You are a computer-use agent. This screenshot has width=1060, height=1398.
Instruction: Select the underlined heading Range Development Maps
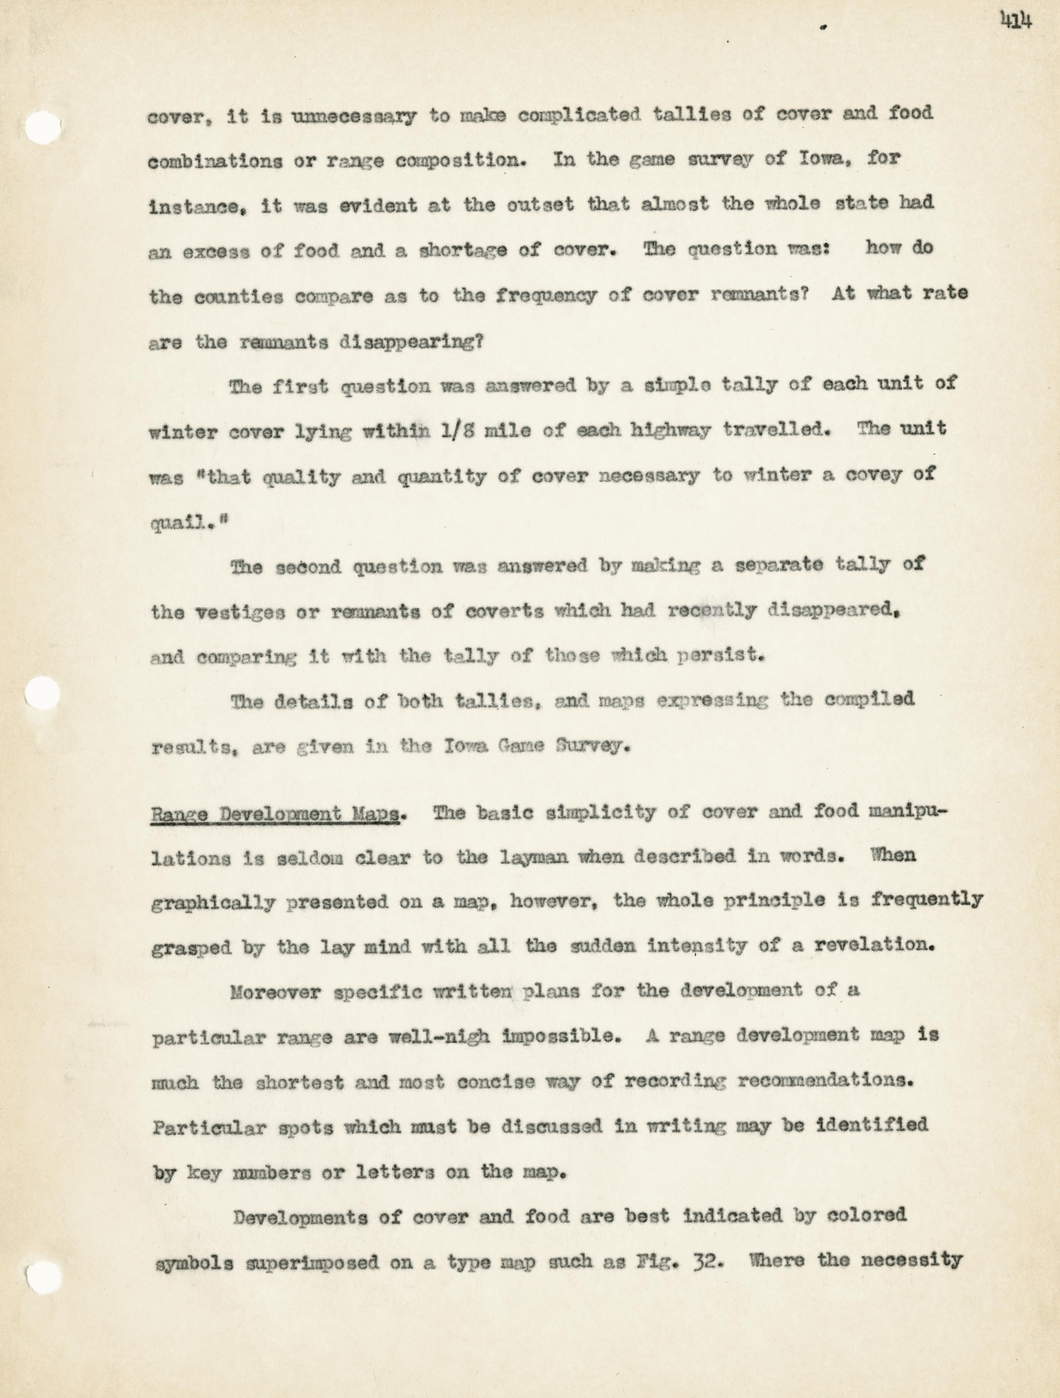click(x=275, y=814)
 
